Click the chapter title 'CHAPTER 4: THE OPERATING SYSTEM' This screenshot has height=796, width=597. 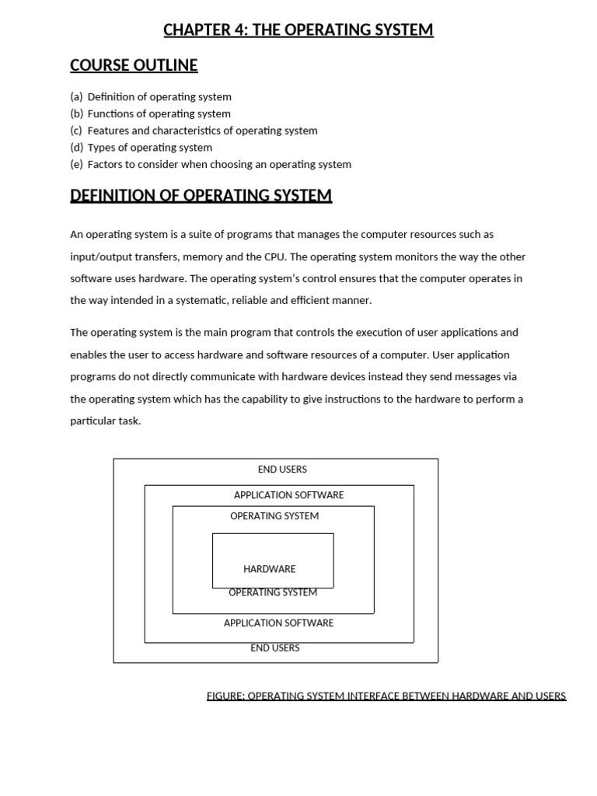point(298,30)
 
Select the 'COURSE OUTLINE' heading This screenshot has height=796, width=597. point(134,65)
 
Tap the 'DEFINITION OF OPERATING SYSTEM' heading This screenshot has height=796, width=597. point(201,195)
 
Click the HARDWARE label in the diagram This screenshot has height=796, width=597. point(269,569)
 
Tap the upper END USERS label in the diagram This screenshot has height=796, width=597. point(282,470)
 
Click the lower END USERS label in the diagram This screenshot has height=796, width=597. point(274,648)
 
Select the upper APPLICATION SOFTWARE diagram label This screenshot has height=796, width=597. point(288,495)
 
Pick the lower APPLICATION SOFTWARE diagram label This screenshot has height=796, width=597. point(278,623)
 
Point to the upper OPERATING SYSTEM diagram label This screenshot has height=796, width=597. point(274,516)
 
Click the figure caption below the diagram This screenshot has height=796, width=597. point(386,696)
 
